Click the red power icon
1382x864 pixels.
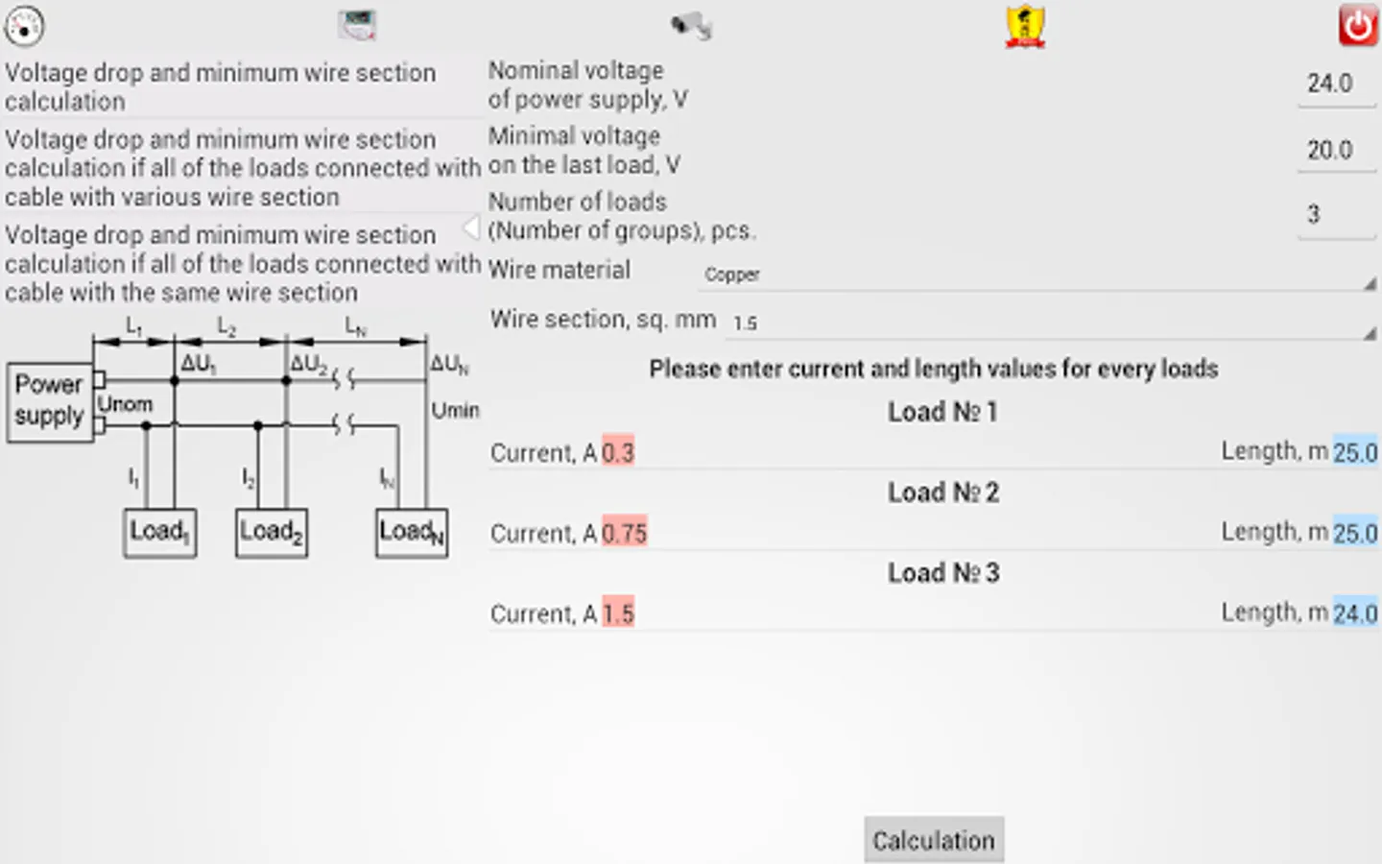click(x=1358, y=25)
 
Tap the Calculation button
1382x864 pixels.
click(x=934, y=839)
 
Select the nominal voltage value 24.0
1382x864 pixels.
click(x=1329, y=84)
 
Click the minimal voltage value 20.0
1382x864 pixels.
click(x=1329, y=150)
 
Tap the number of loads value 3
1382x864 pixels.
click(x=1313, y=215)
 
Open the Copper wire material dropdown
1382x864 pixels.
click(x=1037, y=275)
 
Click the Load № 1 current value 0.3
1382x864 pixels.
click(x=618, y=452)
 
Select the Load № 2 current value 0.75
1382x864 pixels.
click(x=625, y=533)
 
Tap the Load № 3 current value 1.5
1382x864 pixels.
click(x=618, y=612)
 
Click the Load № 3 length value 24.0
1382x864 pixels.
click(x=1355, y=612)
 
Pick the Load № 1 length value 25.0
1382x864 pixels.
click(x=1355, y=452)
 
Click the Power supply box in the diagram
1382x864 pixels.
click(x=50, y=402)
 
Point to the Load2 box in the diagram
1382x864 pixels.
click(x=272, y=533)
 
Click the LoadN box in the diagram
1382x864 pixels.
click(x=412, y=533)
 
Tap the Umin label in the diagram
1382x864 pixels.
click(x=455, y=411)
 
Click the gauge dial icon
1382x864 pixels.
click(x=24, y=26)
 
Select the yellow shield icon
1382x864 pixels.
click(x=1025, y=26)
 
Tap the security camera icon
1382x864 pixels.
click(x=692, y=26)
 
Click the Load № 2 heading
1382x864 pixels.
click(x=943, y=492)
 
